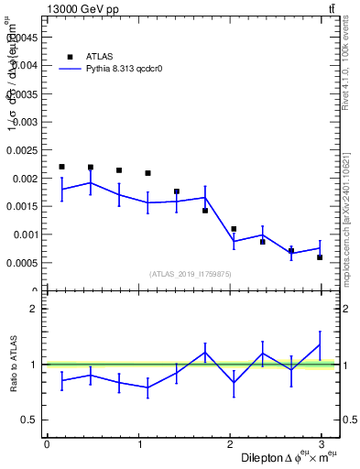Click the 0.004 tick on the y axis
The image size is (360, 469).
24,65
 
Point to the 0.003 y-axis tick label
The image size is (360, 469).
24,122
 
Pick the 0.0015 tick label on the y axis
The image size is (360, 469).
21,206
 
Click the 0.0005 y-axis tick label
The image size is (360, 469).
21,263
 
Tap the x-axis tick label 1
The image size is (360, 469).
139,444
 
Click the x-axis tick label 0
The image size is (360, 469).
47,444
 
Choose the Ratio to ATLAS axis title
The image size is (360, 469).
12,365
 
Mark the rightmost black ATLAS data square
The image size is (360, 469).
320,257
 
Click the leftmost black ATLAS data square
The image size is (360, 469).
61,167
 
